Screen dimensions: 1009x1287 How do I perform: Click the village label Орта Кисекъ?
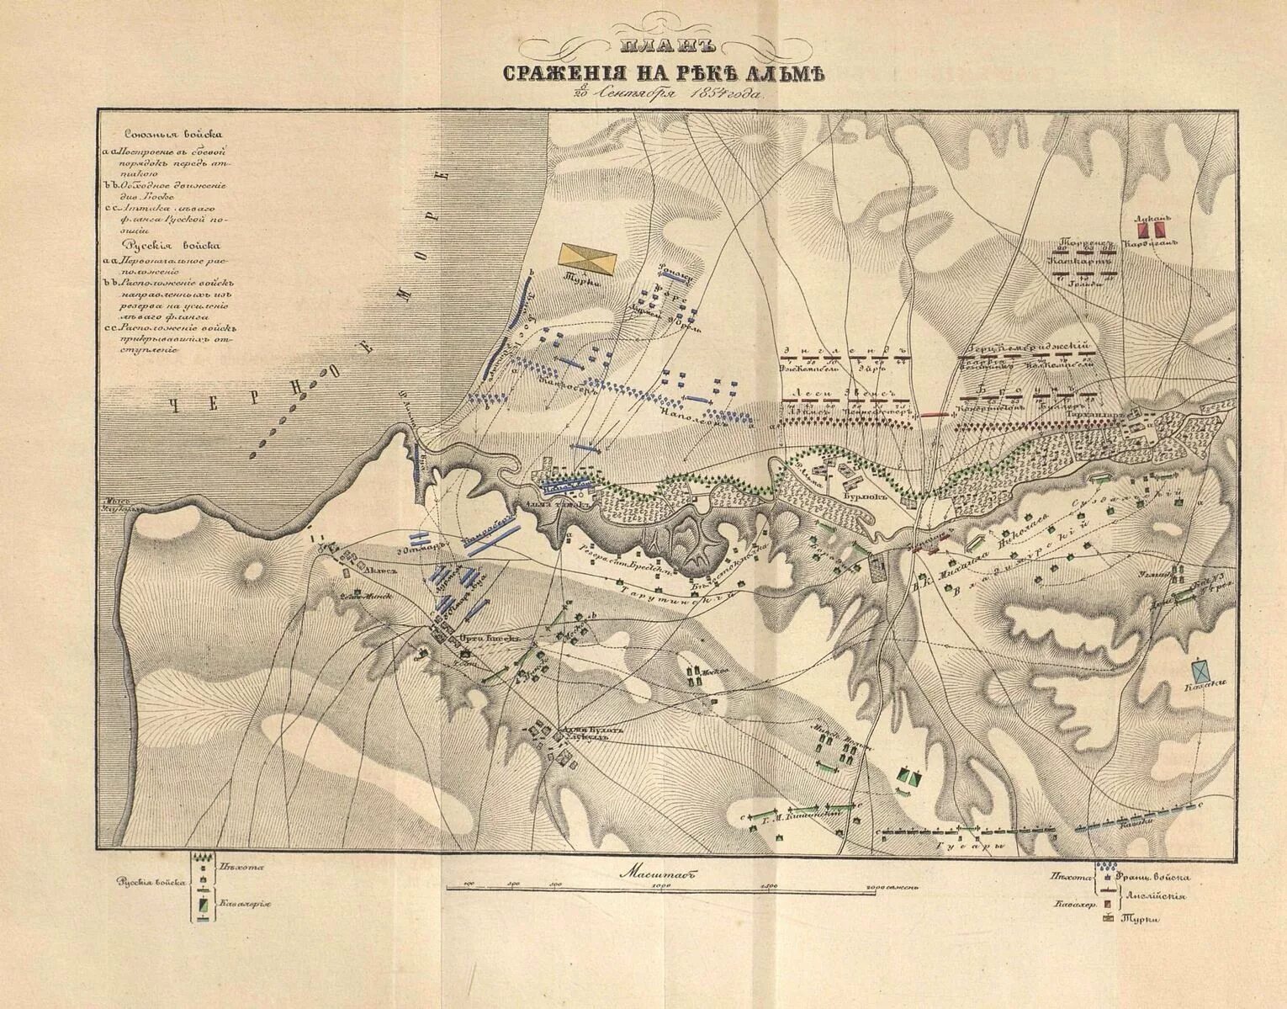pyautogui.click(x=475, y=637)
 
